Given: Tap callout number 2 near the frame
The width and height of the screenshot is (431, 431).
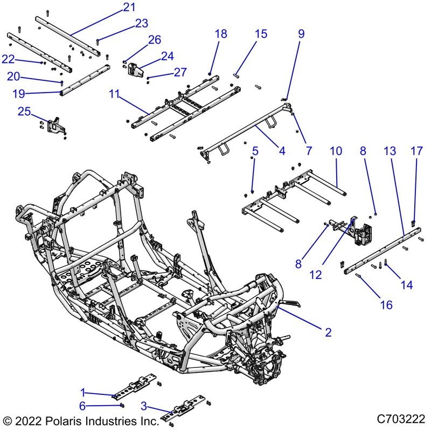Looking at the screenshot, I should [328, 332].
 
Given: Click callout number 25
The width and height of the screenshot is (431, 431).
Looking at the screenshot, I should [24, 112].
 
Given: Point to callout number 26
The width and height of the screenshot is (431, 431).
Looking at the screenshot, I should [154, 39].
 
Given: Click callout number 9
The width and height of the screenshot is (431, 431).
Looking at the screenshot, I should [301, 33].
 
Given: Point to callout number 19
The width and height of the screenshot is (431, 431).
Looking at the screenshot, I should [19, 93].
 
